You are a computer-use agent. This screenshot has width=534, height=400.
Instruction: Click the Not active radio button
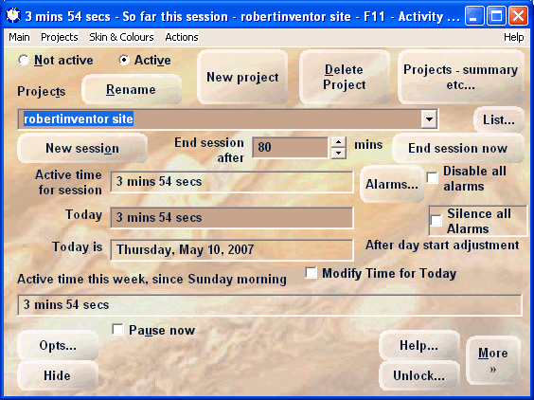pyautogui.click(x=23, y=61)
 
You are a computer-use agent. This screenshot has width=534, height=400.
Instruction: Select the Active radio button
pyautogui.click(x=124, y=61)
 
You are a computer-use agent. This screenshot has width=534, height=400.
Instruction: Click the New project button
pyautogui.click(x=242, y=77)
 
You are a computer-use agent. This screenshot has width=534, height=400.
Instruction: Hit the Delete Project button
pyautogui.click(x=345, y=77)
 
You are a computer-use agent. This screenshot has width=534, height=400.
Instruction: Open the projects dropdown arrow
pyautogui.click(x=429, y=119)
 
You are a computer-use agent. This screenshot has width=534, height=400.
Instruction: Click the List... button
pyautogui.click(x=499, y=119)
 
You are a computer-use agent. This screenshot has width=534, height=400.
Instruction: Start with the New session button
pyautogui.click(x=82, y=148)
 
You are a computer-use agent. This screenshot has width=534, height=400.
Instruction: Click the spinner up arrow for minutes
pyautogui.click(x=338, y=142)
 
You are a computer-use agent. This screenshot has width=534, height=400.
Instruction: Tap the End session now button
pyautogui.click(x=457, y=148)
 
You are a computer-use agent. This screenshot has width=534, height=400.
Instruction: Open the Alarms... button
pyautogui.click(x=392, y=184)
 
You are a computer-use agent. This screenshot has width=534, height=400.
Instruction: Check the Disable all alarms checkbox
pyautogui.click(x=433, y=178)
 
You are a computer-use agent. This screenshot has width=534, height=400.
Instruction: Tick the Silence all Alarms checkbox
pyautogui.click(x=436, y=221)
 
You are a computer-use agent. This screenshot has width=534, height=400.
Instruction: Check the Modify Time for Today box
pyautogui.click(x=311, y=273)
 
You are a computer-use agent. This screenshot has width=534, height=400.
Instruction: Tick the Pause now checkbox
pyautogui.click(x=117, y=330)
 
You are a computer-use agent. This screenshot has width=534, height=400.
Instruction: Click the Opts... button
pyautogui.click(x=58, y=345)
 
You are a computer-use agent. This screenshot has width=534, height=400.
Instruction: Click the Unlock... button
pyautogui.click(x=418, y=375)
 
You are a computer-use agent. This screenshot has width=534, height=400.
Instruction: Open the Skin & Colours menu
pyautogui.click(x=121, y=37)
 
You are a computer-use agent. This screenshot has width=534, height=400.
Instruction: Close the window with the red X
pyautogui.click(x=518, y=16)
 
